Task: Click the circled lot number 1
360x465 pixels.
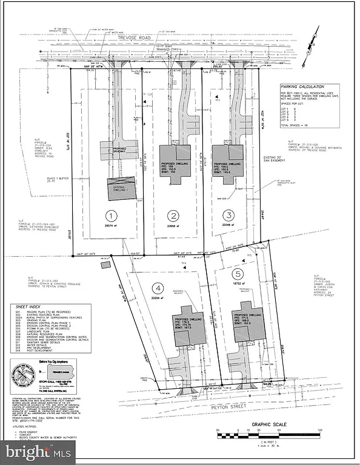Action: point(110,215)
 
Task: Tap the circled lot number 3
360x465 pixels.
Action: point(228,215)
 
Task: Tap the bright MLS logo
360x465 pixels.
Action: point(38,451)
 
